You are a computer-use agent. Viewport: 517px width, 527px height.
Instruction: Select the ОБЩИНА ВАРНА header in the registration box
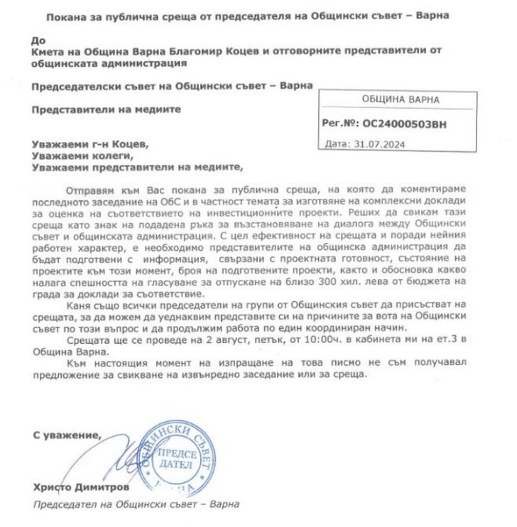pyautogui.click(x=401, y=100)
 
